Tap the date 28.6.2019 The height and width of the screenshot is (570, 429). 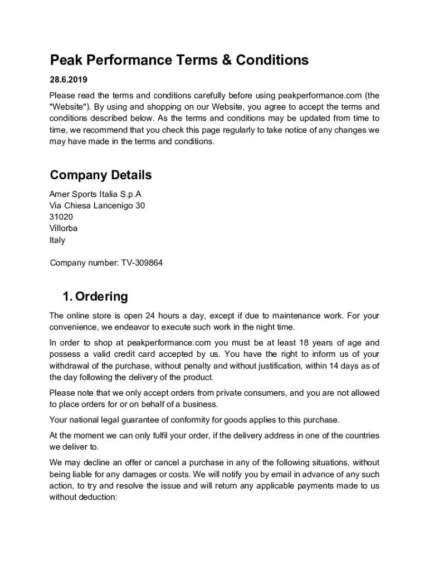69,80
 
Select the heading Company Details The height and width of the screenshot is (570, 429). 101,175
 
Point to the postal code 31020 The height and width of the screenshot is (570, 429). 61,217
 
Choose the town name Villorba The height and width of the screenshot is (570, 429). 64,228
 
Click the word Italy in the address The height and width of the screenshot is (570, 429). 57,240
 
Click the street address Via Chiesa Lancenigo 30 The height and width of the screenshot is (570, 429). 97,205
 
